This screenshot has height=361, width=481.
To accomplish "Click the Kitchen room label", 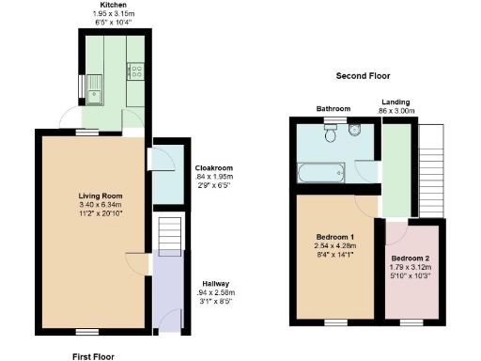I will (x=114, y=5).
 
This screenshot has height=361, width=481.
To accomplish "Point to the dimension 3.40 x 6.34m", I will (x=99, y=205).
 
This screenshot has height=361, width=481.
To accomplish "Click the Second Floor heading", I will (x=363, y=75).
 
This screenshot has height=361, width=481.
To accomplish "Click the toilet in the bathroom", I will (x=330, y=135).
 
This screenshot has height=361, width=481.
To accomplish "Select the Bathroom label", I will (x=334, y=109).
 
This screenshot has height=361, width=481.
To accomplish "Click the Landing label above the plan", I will (x=396, y=102).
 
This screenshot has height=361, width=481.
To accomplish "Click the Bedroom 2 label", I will (x=411, y=258).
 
